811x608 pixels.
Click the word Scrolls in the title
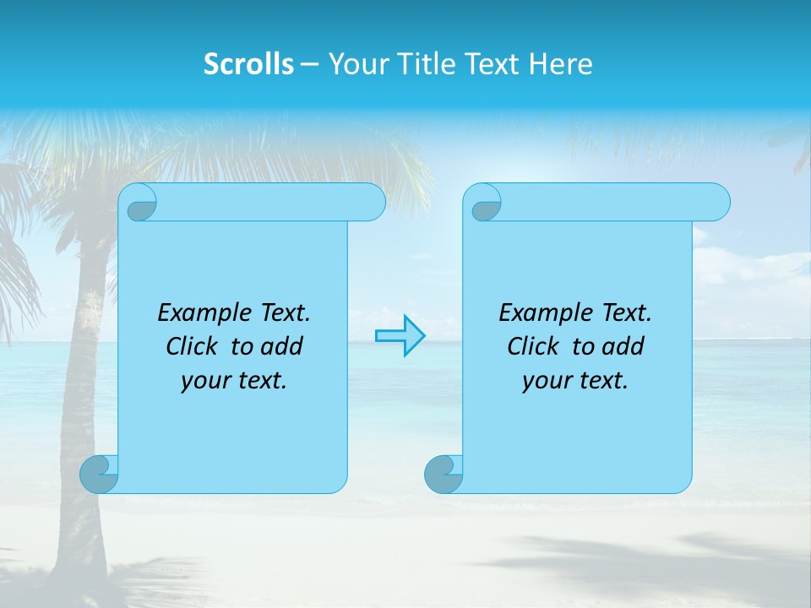[x=248, y=64]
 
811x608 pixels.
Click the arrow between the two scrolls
[x=400, y=336]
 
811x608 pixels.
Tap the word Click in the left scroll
[x=193, y=346]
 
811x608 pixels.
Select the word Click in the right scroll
[x=533, y=346]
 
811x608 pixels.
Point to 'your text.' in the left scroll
[x=234, y=381]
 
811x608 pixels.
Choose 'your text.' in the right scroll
[x=575, y=381]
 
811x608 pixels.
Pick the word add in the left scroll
[x=281, y=346]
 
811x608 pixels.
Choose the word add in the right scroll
[x=623, y=346]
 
